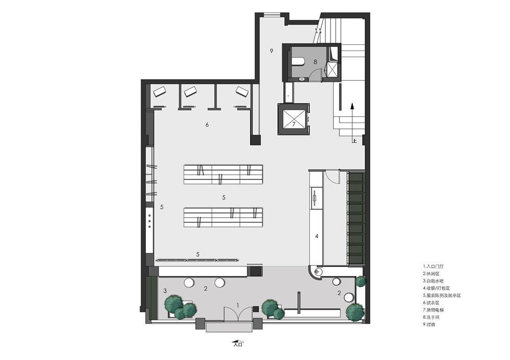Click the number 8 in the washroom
point(315,62)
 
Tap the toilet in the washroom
point(298,62)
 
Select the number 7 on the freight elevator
point(293,124)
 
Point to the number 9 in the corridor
point(272,50)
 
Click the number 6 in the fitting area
point(207,124)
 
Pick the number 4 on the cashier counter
point(317,237)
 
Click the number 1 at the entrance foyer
point(238,305)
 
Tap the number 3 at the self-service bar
point(165,291)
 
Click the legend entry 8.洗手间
point(431,317)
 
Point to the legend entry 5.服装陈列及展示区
point(442,296)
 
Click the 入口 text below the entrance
point(238,344)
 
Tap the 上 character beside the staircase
point(354,141)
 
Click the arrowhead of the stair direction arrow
point(351,106)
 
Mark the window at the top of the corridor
point(272,15)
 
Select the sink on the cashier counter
point(315,198)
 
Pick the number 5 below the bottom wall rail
point(198,254)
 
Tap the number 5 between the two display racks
point(224,197)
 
